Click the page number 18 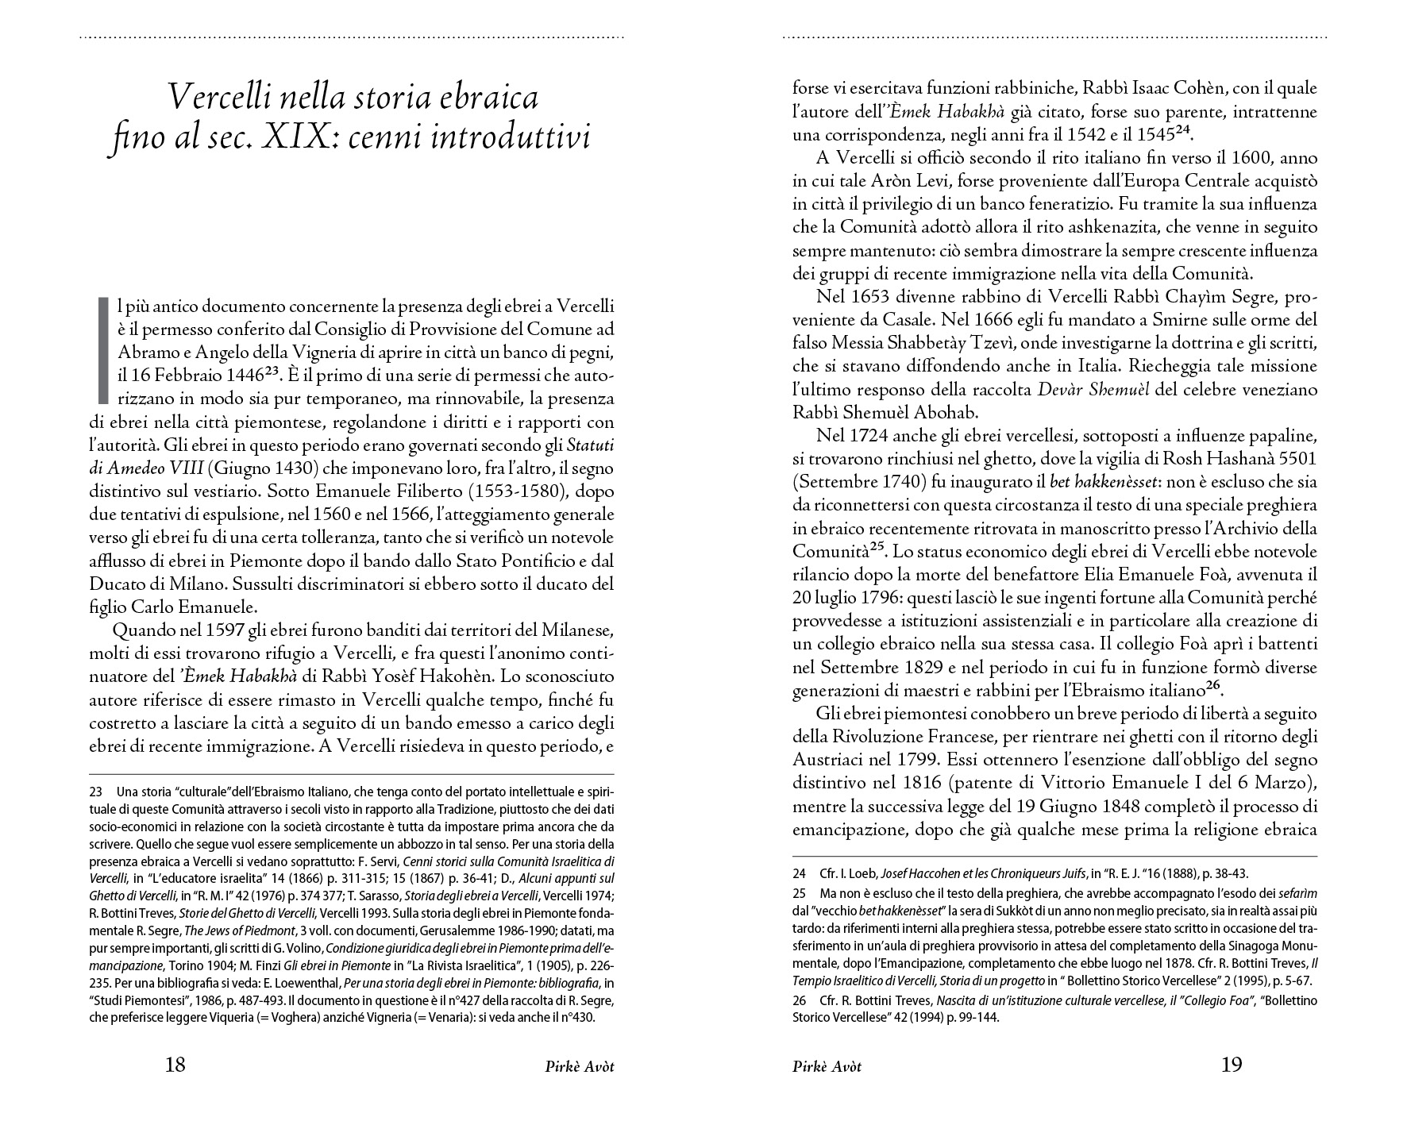click(175, 1065)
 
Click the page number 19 click(1231, 1065)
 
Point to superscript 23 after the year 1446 click(272, 350)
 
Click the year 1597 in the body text click(233, 630)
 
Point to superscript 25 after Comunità click(877, 548)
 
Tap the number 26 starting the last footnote click(800, 1000)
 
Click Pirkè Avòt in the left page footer click(574, 1067)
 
